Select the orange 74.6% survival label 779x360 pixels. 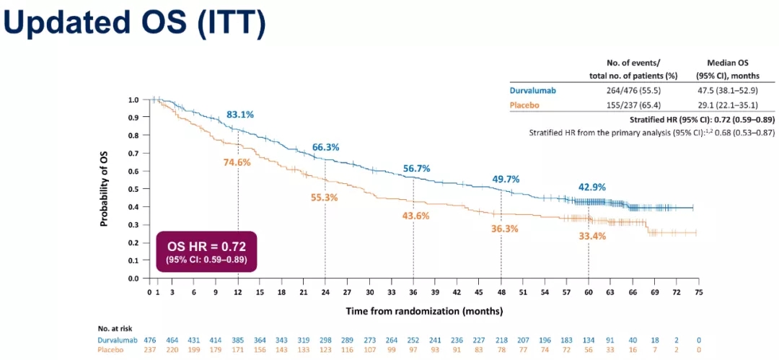pyautogui.click(x=237, y=162)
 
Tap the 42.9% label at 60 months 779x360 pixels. pyautogui.click(x=591, y=187)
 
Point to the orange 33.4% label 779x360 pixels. pyautogui.click(x=591, y=236)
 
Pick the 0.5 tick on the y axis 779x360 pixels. pyautogui.click(x=133, y=189)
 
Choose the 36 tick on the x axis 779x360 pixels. pyautogui.click(x=413, y=292)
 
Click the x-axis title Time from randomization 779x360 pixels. pyautogui.click(x=423, y=311)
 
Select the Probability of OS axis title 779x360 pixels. pyautogui.click(x=104, y=188)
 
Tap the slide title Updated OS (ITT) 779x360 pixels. pyautogui.click(x=135, y=24)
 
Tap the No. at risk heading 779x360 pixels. pyautogui.click(x=115, y=328)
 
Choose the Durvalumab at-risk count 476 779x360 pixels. pyautogui.click(x=150, y=340)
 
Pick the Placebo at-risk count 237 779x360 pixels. pyautogui.click(x=150, y=350)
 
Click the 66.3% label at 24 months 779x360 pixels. pyautogui.click(x=326, y=147)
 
